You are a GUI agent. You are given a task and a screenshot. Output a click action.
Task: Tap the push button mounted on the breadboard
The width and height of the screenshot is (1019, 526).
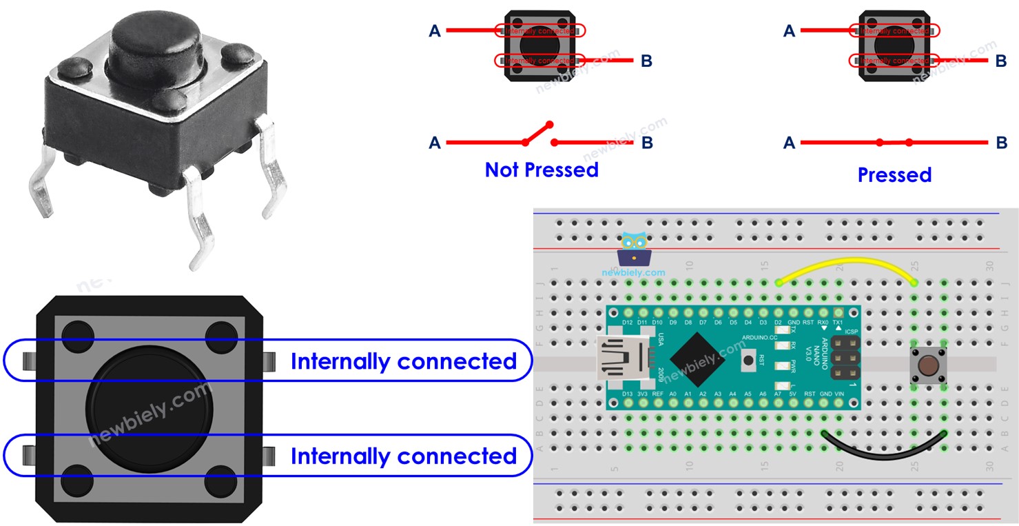[x=928, y=366]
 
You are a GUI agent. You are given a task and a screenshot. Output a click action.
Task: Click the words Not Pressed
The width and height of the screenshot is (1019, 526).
[x=542, y=170]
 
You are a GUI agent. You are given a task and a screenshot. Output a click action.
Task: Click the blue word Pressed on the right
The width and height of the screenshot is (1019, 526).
[x=894, y=175]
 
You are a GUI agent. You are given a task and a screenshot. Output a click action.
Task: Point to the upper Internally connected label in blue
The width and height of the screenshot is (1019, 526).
[x=403, y=361]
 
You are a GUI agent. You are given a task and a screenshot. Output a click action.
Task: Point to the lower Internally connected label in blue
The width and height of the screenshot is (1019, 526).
[x=403, y=456]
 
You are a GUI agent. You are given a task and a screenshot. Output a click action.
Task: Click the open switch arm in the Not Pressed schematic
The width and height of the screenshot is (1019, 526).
[x=538, y=134]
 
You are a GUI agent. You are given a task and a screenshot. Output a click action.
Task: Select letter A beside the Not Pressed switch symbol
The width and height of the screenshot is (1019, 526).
[x=435, y=143]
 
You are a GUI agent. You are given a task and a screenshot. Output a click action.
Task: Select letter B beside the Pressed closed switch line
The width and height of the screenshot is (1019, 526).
[x=1001, y=143]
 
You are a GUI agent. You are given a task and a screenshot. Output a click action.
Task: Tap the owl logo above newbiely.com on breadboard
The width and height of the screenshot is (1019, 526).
[x=634, y=250]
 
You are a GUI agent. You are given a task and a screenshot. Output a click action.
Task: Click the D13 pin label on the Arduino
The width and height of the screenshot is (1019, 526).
[x=627, y=394]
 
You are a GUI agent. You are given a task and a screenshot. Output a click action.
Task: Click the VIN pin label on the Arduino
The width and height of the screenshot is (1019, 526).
[x=838, y=394]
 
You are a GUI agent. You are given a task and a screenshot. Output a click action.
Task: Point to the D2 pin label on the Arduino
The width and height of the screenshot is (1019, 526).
[x=778, y=323]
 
